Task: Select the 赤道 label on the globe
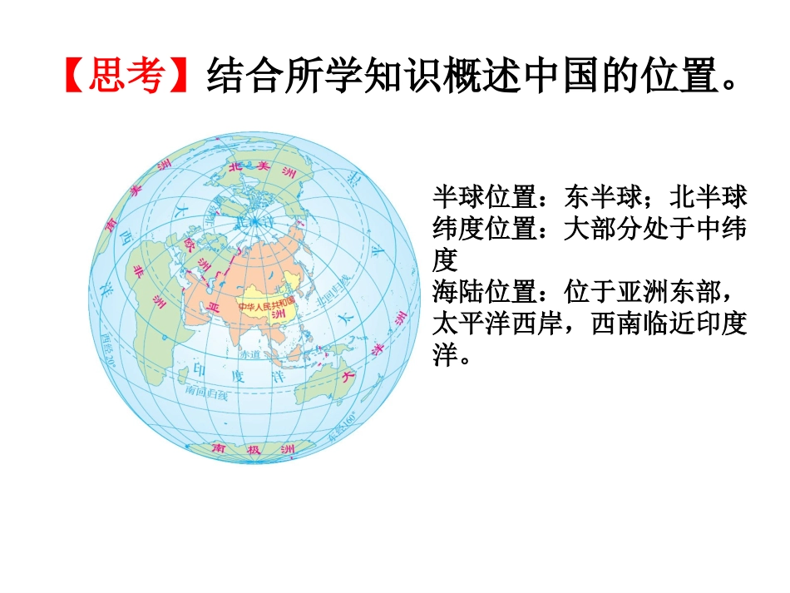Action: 250,353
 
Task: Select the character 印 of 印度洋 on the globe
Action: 198,368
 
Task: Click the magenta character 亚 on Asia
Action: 214,308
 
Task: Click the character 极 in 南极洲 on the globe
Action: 254,449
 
